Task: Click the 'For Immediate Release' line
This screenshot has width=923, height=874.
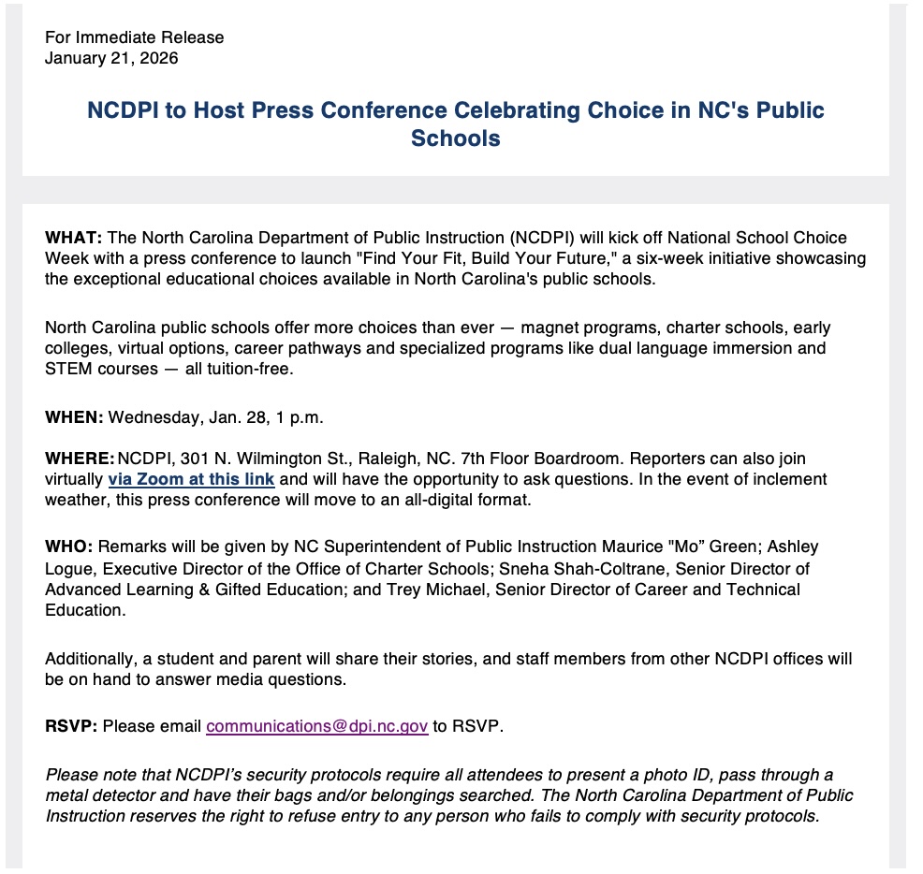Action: [135, 38]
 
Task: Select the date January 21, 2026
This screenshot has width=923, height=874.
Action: [111, 58]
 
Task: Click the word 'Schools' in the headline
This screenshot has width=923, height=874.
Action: [455, 138]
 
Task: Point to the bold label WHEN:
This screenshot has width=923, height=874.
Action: [74, 418]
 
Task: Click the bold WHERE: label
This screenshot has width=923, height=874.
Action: [80, 459]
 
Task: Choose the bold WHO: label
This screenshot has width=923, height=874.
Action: [68, 546]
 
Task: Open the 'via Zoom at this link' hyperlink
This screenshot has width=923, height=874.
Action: [191, 479]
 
